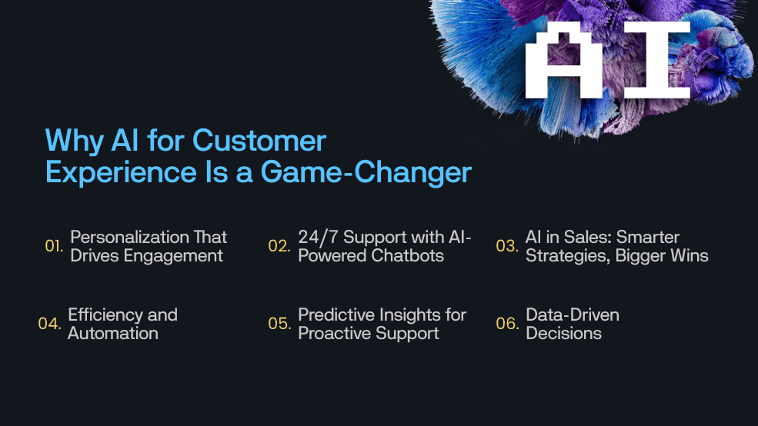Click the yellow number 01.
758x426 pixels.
(x=54, y=246)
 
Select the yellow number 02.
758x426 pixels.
(x=279, y=246)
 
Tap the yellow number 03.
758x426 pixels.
(x=506, y=246)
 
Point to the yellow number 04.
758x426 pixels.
(x=49, y=324)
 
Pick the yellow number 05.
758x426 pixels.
(x=279, y=324)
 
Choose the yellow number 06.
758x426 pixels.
(x=506, y=324)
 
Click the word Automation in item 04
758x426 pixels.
(x=113, y=333)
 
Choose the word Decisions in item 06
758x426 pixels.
(x=563, y=333)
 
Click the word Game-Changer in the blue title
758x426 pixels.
(x=366, y=172)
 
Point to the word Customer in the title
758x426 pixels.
(x=259, y=141)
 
